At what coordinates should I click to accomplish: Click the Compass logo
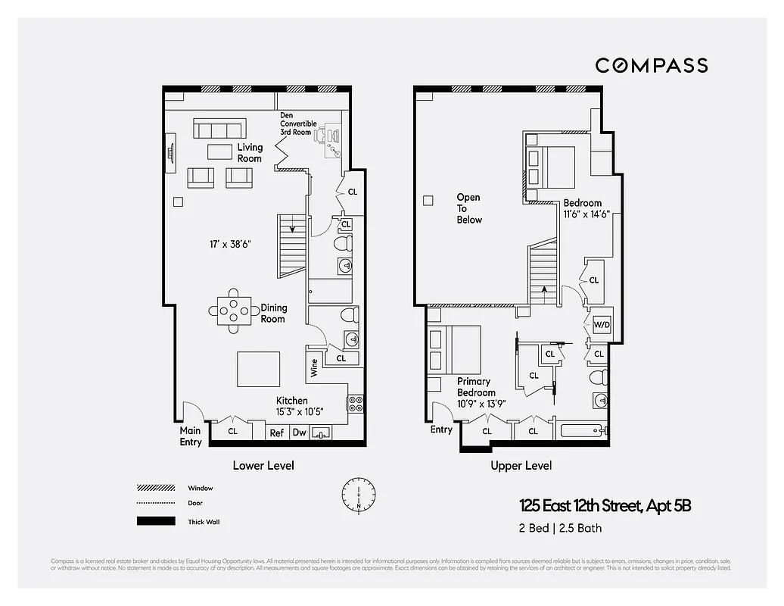651,65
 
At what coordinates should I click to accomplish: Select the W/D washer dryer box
602,324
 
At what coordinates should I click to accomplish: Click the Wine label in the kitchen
314,368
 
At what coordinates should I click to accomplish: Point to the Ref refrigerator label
277,433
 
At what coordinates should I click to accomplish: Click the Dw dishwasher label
299,433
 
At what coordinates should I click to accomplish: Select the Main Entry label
191,436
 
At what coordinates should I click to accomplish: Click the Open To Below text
468,208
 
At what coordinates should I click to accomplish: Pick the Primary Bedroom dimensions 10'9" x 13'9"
481,403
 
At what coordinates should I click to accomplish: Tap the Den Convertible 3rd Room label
298,123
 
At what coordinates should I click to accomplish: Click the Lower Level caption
263,465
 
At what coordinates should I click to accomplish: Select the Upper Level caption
521,465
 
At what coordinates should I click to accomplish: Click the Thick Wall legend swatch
156,521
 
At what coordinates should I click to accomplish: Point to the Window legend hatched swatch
156,488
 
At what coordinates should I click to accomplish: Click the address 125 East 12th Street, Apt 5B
605,505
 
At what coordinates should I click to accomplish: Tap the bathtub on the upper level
580,432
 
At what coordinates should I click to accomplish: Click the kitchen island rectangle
259,369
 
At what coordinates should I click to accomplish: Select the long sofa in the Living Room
219,128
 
